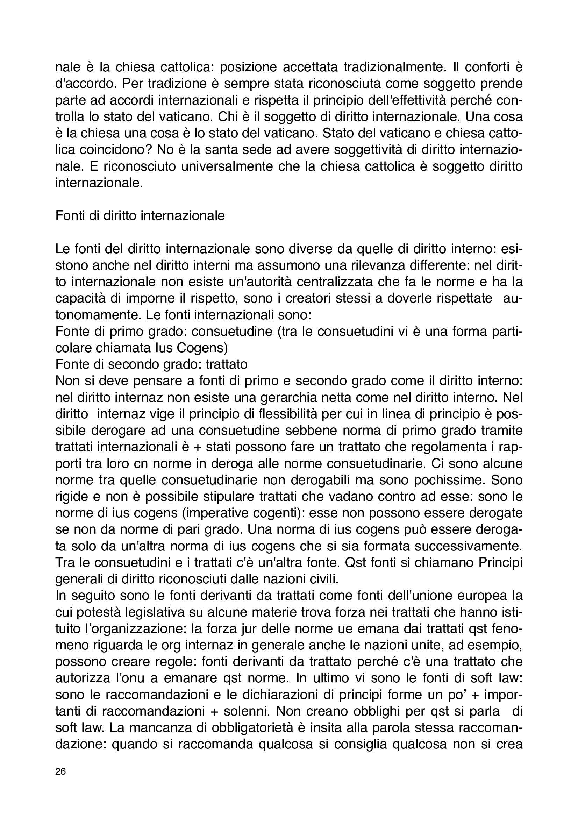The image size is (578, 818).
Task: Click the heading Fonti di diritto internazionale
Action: [x=140, y=215]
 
